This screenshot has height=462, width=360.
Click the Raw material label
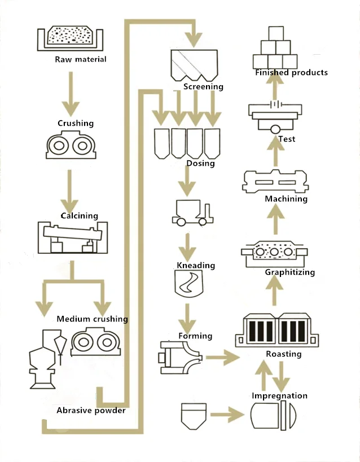click(80, 59)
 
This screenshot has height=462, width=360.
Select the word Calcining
click(79, 215)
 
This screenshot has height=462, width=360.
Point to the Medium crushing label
click(92, 319)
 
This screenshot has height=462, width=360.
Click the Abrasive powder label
click(91, 410)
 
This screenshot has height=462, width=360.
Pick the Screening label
click(203, 87)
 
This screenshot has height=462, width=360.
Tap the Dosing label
click(200, 164)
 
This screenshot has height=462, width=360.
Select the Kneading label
click(196, 265)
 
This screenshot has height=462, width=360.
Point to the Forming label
click(195, 336)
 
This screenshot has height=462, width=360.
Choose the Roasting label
click(283, 354)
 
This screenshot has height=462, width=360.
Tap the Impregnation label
click(279, 396)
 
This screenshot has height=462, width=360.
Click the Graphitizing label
click(289, 272)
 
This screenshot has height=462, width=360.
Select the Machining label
click(286, 199)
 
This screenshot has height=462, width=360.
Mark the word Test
click(287, 139)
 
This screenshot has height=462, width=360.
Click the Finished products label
click(291, 73)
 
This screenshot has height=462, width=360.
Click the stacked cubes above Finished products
click(275, 47)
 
